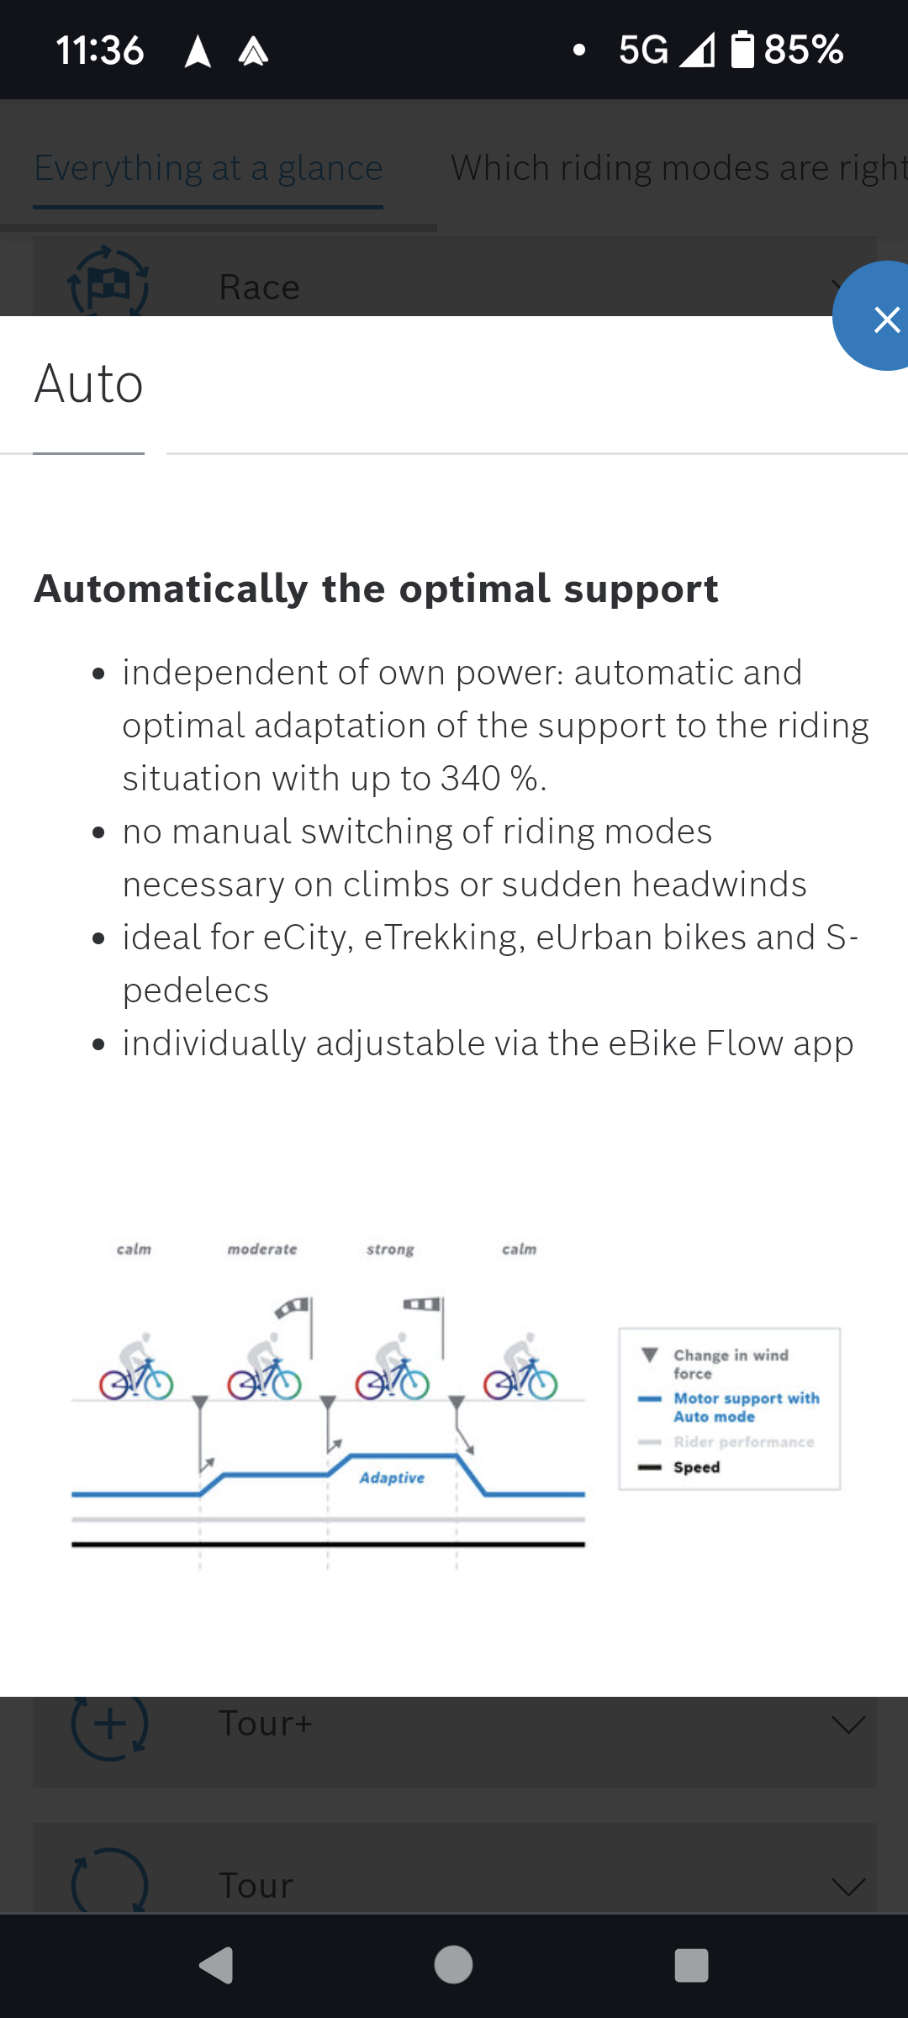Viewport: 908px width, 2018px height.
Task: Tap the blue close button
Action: coord(874,316)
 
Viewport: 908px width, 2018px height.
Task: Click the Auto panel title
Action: coord(88,384)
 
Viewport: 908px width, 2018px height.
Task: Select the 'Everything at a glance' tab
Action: coord(209,168)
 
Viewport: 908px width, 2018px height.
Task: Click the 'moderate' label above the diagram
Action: coord(262,1249)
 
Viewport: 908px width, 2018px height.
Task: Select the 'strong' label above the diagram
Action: coord(390,1250)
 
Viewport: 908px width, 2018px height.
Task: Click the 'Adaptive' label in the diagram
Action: coord(392,1478)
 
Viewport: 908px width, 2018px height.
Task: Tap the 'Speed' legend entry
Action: coord(679,1467)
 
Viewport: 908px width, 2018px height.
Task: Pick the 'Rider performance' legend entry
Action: coord(726,1442)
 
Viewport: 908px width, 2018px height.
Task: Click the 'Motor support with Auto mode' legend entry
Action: coord(729,1408)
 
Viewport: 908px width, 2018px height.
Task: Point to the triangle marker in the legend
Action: coord(650,1355)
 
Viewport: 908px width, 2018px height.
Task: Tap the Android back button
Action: coord(216,1965)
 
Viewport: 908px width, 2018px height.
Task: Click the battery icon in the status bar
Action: coord(742,50)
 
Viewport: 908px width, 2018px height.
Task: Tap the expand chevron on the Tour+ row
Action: coord(847,1725)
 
